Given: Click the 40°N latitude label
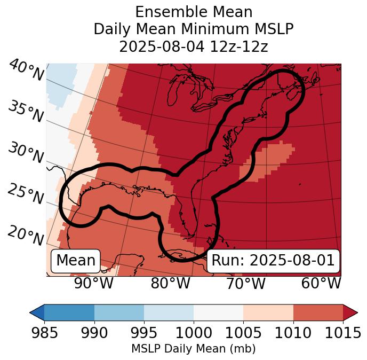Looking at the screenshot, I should click(27, 70).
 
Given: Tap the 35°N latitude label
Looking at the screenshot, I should click(26, 112).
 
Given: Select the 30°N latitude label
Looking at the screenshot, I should click(26, 153).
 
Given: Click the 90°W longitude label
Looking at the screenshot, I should click(94, 284).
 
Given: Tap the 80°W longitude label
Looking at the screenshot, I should click(170, 284).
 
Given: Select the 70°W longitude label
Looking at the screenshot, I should click(245, 284).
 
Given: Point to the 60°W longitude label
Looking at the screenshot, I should click(321, 284).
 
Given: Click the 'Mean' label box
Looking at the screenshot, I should click(76, 261).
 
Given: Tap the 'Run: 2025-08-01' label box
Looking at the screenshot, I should click(273, 261).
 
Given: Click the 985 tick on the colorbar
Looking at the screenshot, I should click(44, 333).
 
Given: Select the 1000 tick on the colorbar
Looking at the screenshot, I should click(194, 333).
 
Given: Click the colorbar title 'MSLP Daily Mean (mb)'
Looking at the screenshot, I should click(194, 349).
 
